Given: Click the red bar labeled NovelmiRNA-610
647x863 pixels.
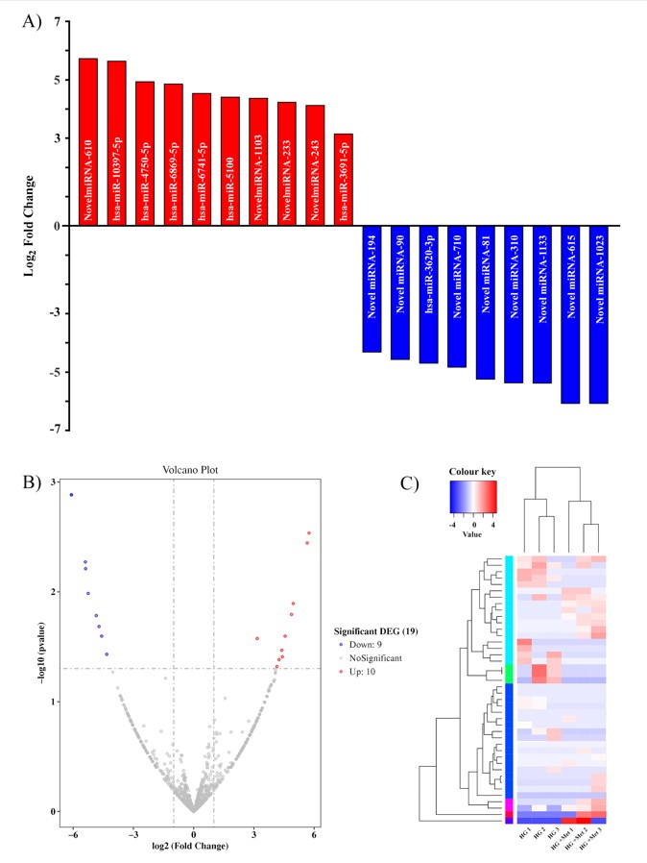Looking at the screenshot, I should pyautogui.click(x=87, y=142).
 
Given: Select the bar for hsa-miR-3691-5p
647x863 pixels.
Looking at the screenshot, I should pyautogui.click(x=344, y=180).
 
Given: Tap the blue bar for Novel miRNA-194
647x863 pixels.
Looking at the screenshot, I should pyautogui.click(x=371, y=288).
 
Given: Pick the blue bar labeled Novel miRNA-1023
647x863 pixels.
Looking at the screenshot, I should pyautogui.click(x=599, y=314).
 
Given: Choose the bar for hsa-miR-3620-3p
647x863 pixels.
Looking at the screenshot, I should pyautogui.click(x=428, y=294).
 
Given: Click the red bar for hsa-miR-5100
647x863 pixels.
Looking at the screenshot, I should pyautogui.click(x=229, y=161).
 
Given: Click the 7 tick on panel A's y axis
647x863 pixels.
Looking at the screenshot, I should pyautogui.click(x=58, y=22).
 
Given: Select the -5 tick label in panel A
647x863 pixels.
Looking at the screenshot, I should pyautogui.click(x=56, y=372).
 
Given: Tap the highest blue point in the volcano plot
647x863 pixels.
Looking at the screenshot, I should pyautogui.click(x=71, y=495).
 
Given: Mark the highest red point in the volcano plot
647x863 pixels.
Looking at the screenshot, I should pyautogui.click(x=309, y=532).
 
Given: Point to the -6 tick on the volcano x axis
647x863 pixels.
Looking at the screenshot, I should pyautogui.click(x=71, y=832).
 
